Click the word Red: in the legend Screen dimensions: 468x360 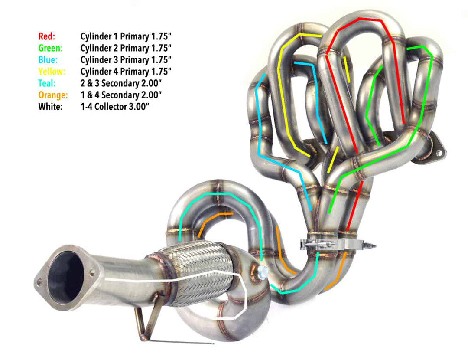pos(47,36)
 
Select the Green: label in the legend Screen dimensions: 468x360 pos(51,48)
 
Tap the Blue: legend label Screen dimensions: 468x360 pos(48,60)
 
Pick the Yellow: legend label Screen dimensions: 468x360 pos(52,72)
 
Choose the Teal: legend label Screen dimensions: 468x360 pos(47,83)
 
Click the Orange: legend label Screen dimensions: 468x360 pos(53,95)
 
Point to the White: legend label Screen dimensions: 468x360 pos(50,107)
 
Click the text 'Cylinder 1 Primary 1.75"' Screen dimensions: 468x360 pos(126,36)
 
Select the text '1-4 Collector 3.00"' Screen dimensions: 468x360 pos(114,107)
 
